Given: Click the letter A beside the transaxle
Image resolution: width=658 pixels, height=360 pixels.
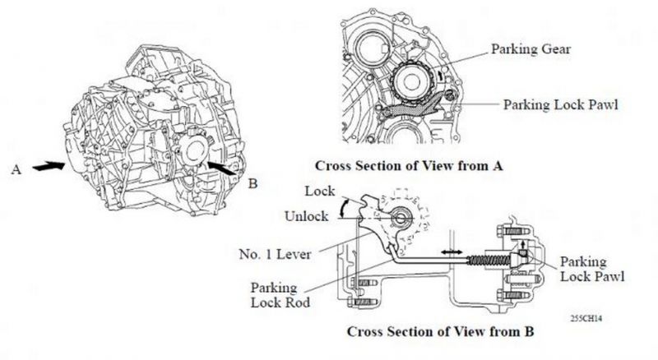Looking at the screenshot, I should (x=16, y=170).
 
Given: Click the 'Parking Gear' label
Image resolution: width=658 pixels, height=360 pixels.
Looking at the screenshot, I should (x=531, y=49).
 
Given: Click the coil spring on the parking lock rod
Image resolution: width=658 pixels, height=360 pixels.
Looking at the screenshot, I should (x=489, y=260).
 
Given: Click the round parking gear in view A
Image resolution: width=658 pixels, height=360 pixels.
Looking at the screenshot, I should (x=410, y=83).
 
